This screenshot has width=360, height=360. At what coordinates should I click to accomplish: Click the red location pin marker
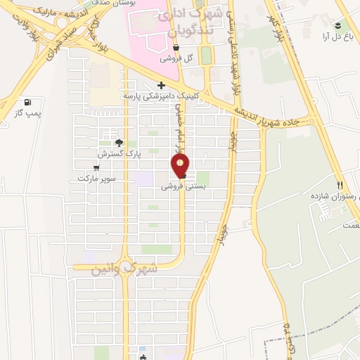[x=181, y=165]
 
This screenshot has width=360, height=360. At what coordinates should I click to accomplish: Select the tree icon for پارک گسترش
[x=118, y=142]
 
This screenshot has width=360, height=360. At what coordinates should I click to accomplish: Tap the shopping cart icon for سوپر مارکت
[x=96, y=168]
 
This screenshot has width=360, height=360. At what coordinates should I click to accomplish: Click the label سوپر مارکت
[x=96, y=179]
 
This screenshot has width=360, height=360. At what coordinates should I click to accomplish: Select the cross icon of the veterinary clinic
[x=161, y=85]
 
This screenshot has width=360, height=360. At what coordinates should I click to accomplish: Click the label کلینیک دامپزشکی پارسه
[x=161, y=95]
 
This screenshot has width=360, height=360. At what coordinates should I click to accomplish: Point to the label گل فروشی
[x=176, y=58]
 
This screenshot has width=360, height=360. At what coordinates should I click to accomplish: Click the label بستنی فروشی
[x=181, y=187]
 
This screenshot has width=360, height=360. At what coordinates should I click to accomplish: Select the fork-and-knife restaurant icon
[x=340, y=186]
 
